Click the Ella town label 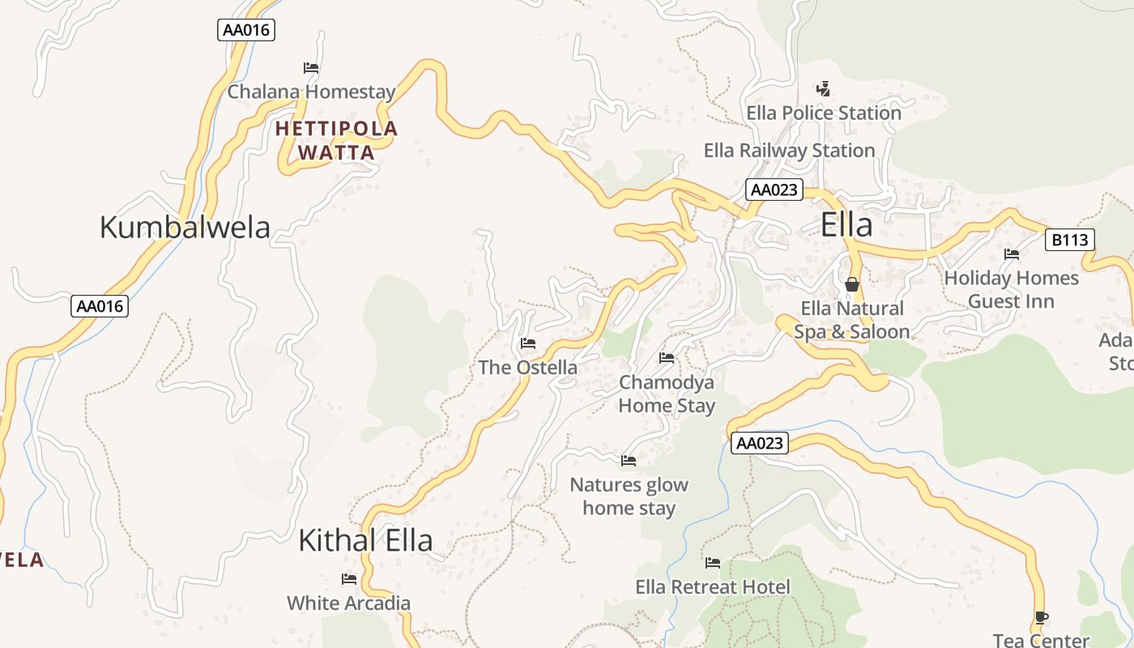(846, 224)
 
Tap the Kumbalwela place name (185, 227)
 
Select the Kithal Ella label (365, 540)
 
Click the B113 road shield (1069, 240)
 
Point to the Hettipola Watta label (336, 140)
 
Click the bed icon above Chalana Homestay (311, 68)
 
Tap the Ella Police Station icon (824, 88)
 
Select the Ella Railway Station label (789, 151)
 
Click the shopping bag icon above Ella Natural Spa (851, 284)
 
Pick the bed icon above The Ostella (528, 343)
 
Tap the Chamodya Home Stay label (667, 394)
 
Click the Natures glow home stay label (629, 497)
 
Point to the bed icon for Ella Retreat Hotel (713, 562)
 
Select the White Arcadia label (348, 603)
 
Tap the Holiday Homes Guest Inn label (1011, 289)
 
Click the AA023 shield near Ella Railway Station (774, 190)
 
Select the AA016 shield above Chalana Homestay (247, 31)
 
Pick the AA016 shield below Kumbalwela (100, 306)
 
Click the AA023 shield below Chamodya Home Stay (759, 443)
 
